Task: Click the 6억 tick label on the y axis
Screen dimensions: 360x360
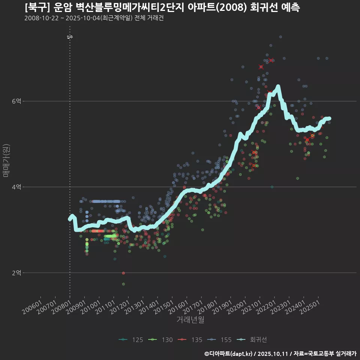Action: click(16, 101)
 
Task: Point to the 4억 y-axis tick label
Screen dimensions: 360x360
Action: click(16, 187)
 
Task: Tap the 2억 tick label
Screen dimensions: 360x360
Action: click(16, 273)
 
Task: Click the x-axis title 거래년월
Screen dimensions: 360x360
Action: click(190, 319)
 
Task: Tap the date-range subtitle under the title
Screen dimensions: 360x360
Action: click(94, 18)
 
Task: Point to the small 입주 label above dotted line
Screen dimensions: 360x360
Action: click(70, 37)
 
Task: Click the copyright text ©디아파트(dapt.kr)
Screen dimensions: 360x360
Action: click(229, 353)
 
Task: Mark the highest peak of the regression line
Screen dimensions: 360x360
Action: click(278, 87)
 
